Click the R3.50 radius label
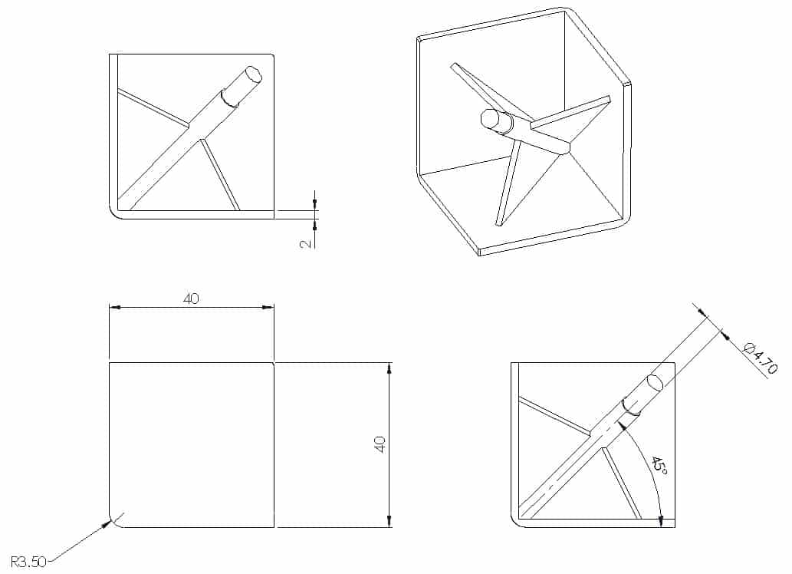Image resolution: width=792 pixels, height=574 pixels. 28,562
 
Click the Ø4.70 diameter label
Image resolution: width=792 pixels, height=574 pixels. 761,358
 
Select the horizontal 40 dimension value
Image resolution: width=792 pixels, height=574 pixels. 191,299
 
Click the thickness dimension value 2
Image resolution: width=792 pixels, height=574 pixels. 306,244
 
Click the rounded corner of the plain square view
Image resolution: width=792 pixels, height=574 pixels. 114,523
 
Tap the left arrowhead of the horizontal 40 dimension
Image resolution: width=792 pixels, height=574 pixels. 115,307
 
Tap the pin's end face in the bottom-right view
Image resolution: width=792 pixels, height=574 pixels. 655,383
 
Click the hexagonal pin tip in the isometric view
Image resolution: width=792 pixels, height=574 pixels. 489,117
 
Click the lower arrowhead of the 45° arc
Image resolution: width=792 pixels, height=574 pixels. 661,520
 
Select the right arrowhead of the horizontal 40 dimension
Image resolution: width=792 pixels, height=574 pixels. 268,307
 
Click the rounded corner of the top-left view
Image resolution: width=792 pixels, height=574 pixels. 114,214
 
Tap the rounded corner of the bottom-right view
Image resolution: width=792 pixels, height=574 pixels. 516,523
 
